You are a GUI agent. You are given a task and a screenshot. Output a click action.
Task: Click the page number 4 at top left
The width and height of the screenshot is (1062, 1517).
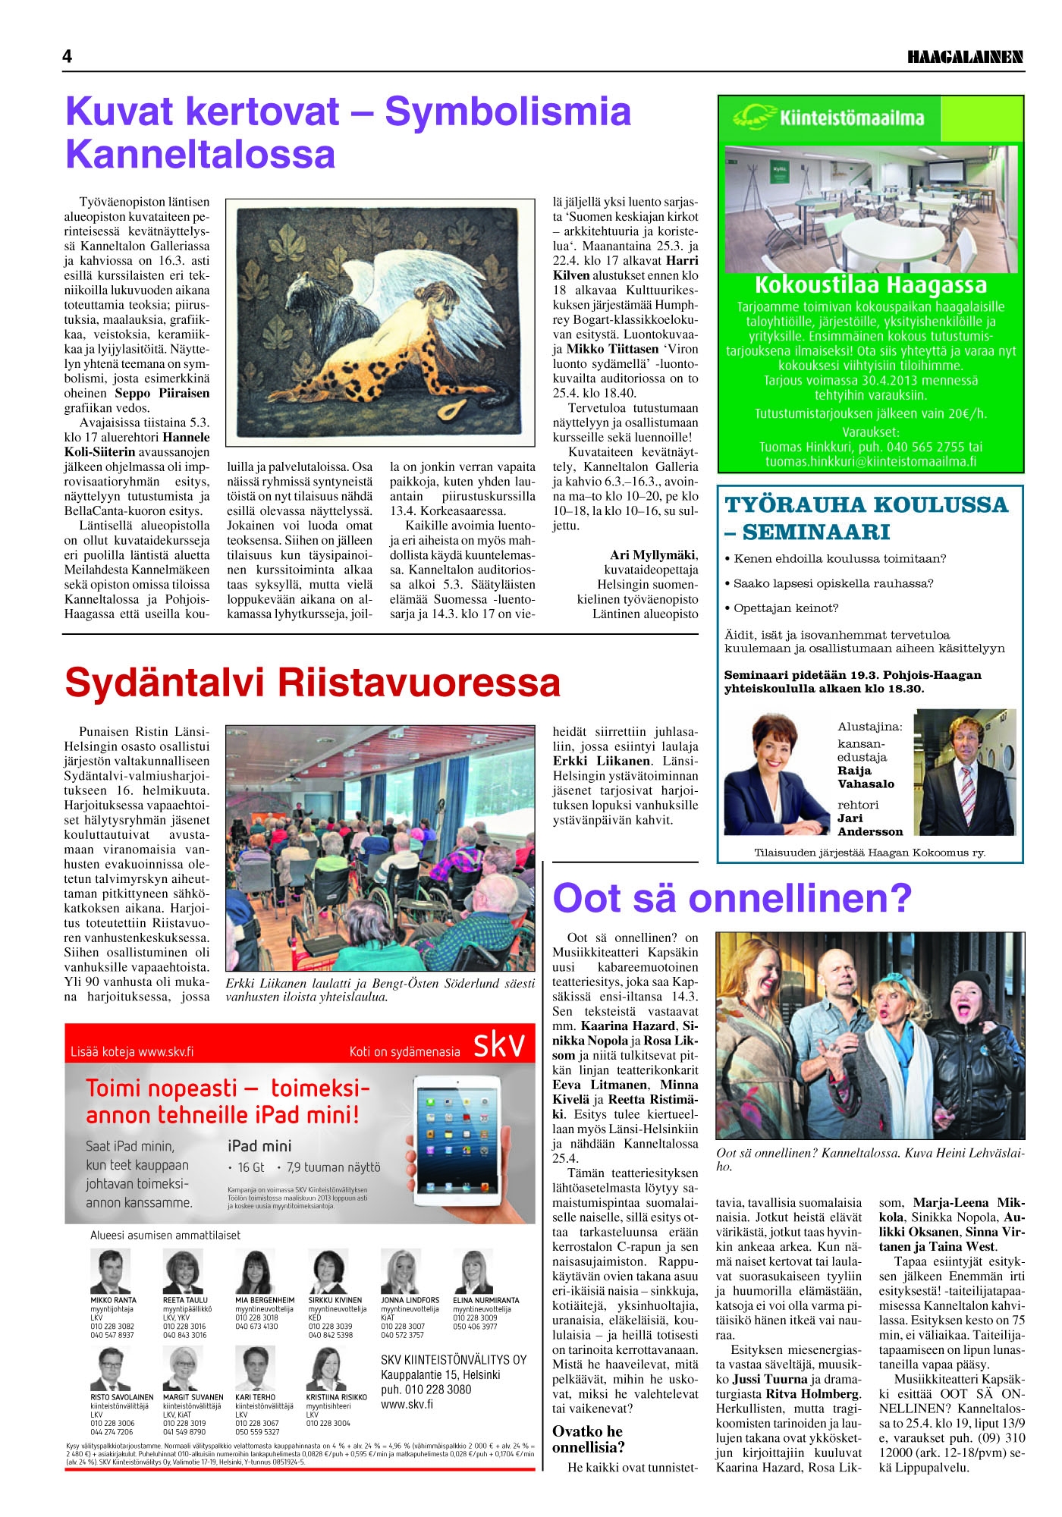tap(68, 57)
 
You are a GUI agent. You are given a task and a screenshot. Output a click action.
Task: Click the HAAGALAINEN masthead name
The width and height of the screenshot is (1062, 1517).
tap(965, 58)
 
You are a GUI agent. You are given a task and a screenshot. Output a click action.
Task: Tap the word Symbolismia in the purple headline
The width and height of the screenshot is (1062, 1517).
tap(507, 111)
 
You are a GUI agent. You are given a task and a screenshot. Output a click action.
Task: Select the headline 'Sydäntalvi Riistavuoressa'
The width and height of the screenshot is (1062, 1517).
tap(313, 682)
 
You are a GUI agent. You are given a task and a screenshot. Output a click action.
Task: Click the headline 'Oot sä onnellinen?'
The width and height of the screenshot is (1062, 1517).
tap(732, 898)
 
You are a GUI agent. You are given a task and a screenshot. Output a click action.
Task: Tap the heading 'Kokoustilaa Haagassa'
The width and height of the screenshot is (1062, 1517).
tap(870, 285)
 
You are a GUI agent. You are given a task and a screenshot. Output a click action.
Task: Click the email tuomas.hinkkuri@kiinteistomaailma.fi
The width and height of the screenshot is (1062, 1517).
tap(870, 461)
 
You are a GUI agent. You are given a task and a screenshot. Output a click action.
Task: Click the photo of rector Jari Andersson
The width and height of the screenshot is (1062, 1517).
tap(964, 772)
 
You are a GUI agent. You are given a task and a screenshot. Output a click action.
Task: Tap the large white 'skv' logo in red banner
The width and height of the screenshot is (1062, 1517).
tap(498, 1045)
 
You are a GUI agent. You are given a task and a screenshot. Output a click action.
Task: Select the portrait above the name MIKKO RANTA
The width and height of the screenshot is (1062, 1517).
tap(110, 1271)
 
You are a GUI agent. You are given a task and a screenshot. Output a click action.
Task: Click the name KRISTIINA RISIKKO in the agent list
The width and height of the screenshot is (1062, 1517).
tap(336, 1396)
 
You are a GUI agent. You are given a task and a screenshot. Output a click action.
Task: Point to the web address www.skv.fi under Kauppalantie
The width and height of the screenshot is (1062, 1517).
tap(407, 1404)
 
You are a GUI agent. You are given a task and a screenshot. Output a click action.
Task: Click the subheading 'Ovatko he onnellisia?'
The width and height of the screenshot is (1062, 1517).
tap(588, 1439)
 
